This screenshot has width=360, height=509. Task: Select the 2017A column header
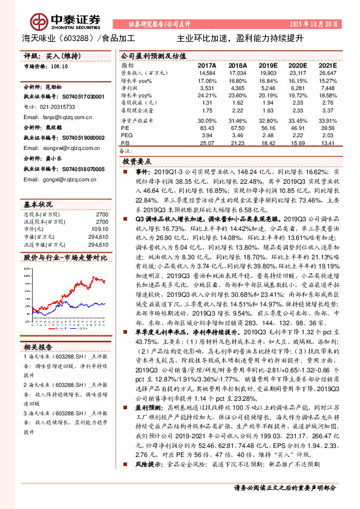point(206,65)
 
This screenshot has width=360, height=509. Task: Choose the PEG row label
point(126,135)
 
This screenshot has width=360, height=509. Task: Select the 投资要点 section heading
point(137,163)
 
